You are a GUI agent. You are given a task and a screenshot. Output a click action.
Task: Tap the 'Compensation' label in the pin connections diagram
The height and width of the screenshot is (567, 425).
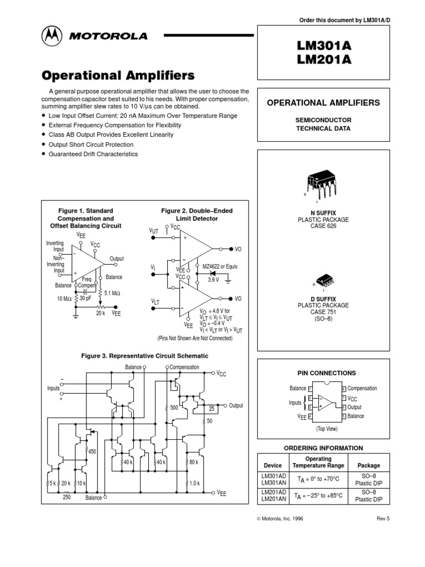[362, 389]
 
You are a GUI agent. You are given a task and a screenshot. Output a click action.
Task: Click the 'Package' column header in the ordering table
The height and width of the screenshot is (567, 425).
[369, 466]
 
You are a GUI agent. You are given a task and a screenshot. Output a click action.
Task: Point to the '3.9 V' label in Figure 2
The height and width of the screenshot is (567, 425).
[213, 280]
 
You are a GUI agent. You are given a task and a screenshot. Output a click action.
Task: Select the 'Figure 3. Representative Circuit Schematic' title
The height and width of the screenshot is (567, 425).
[144, 355]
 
